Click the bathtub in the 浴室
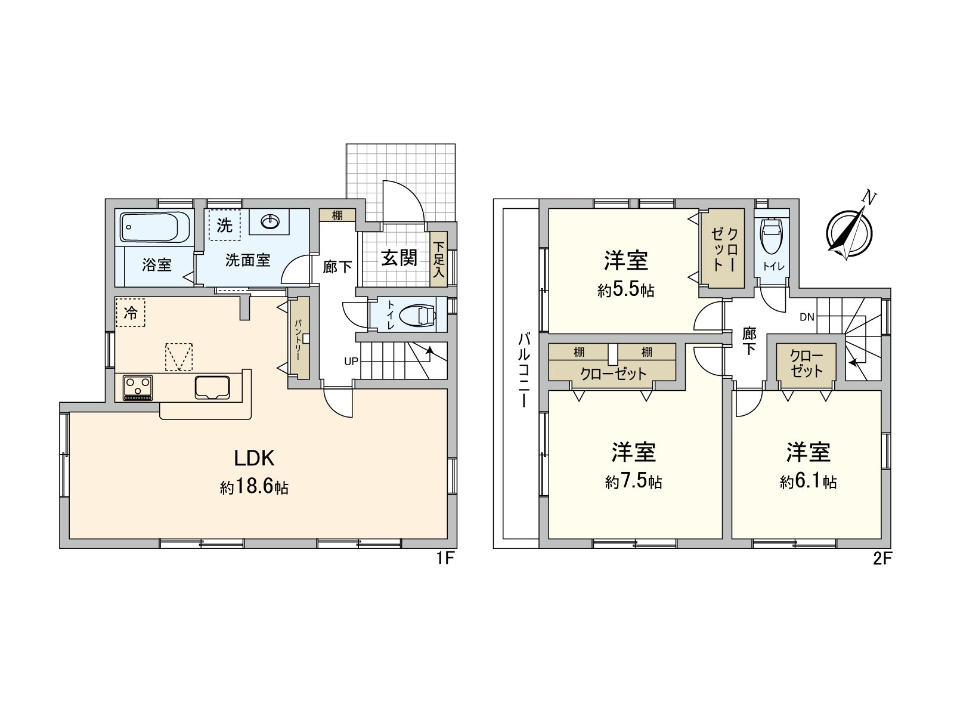155,227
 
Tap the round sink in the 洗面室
270,222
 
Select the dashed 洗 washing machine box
225,225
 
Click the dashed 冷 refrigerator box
130,312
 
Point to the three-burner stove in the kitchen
138,387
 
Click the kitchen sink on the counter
213,388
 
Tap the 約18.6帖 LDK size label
255,487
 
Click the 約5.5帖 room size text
626,290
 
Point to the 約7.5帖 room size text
633,482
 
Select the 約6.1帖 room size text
808,482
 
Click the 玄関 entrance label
399,258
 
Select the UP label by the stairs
351,362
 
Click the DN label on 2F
807,317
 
